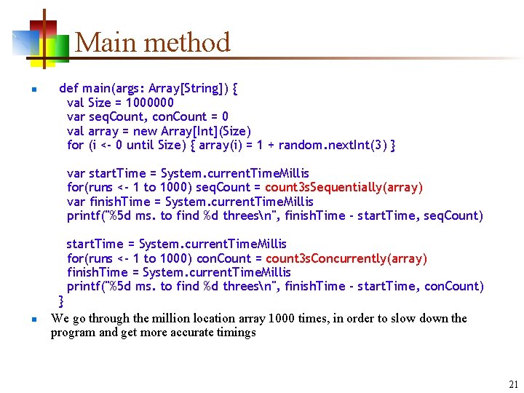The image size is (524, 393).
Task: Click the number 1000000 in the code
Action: (x=150, y=103)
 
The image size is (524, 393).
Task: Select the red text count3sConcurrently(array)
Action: (x=346, y=258)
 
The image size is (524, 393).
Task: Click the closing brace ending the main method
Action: (x=61, y=300)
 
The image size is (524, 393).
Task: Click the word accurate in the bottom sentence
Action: (x=184, y=333)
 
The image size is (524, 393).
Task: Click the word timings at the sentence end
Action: (x=233, y=333)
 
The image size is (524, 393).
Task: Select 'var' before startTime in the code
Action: (x=76, y=173)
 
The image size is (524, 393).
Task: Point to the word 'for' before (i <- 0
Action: (x=75, y=145)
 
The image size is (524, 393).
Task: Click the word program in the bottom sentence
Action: (x=72, y=333)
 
